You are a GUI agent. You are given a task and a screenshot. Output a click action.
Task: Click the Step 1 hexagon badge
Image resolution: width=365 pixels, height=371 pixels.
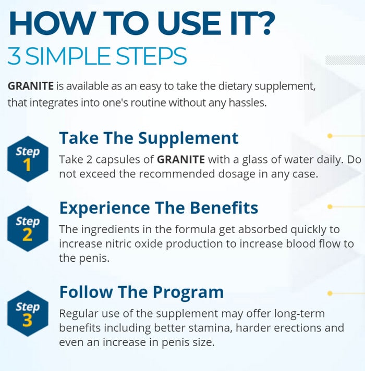(28, 159)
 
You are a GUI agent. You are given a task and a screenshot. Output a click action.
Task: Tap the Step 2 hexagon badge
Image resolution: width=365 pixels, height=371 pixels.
(28, 228)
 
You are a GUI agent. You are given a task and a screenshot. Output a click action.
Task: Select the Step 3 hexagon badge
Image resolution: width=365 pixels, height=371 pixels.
(28, 314)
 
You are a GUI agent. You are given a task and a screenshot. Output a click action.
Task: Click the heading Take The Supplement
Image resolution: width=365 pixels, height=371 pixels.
(149, 138)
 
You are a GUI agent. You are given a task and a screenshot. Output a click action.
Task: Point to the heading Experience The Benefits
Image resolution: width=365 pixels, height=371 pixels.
(159, 208)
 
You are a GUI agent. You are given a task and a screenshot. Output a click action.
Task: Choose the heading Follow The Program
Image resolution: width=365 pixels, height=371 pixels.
(141, 292)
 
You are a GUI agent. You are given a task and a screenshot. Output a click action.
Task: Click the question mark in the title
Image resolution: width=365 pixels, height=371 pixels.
(263, 23)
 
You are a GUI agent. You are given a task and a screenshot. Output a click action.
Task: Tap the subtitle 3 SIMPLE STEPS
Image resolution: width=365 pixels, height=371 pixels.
(97, 56)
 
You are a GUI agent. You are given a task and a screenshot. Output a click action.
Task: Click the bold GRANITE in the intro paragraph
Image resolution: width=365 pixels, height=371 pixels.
(31, 86)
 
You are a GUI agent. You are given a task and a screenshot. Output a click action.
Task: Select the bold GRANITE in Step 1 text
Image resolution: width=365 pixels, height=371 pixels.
(181, 159)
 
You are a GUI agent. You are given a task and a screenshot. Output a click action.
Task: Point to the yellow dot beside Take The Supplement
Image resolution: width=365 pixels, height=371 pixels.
(330, 136)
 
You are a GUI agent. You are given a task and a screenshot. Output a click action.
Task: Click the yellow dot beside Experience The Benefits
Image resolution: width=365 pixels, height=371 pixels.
(330, 207)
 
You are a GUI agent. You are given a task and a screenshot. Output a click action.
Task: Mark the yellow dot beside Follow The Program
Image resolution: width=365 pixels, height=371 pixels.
(330, 293)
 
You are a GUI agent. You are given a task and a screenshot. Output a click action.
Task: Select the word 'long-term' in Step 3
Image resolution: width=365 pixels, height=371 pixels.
(299, 314)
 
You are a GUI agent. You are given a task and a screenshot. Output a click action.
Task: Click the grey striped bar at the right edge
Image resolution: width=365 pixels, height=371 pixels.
(345, 60)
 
